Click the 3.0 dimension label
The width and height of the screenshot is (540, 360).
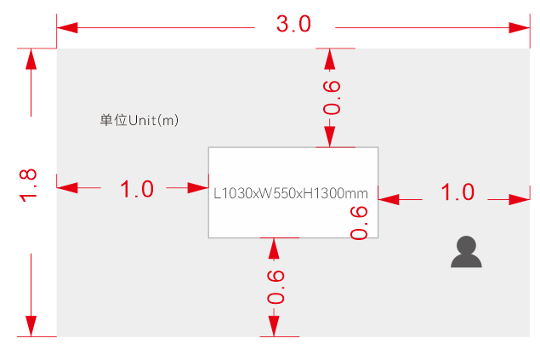click(x=293, y=25)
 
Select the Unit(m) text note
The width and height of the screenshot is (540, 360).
click(x=139, y=120)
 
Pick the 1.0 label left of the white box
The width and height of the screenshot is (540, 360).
click(x=137, y=189)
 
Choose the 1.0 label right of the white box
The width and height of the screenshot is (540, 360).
click(x=457, y=192)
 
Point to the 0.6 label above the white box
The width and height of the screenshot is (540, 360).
click(x=331, y=98)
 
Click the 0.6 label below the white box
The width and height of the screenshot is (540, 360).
click(x=275, y=289)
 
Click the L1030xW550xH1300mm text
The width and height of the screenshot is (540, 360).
click(x=290, y=193)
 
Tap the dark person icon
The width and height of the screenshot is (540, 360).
click(x=465, y=253)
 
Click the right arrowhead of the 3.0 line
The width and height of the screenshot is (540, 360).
click(x=520, y=28)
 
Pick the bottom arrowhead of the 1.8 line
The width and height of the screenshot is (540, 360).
click(x=31, y=326)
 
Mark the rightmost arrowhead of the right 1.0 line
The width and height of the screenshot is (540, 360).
click(x=520, y=199)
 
